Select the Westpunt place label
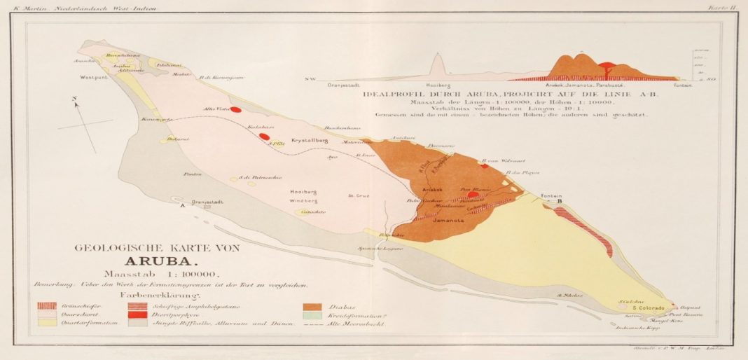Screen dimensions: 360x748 (x=93, y=78)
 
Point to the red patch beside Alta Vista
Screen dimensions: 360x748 (x=236, y=109)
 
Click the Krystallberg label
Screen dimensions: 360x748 (x=310, y=139)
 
